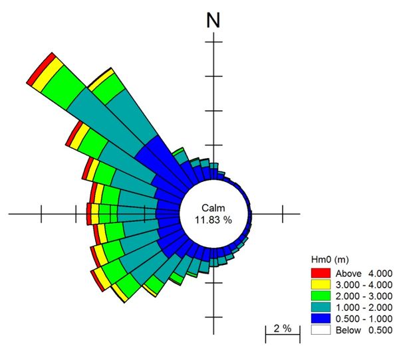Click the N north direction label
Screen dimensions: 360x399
pyautogui.click(x=213, y=19)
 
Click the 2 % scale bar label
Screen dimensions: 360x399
pyautogui.click(x=282, y=328)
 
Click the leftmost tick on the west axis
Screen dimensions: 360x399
pyautogui.click(x=42, y=214)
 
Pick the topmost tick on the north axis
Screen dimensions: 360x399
pyautogui.click(x=213, y=43)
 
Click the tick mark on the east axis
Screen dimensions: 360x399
pyautogui.click(x=283, y=214)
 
